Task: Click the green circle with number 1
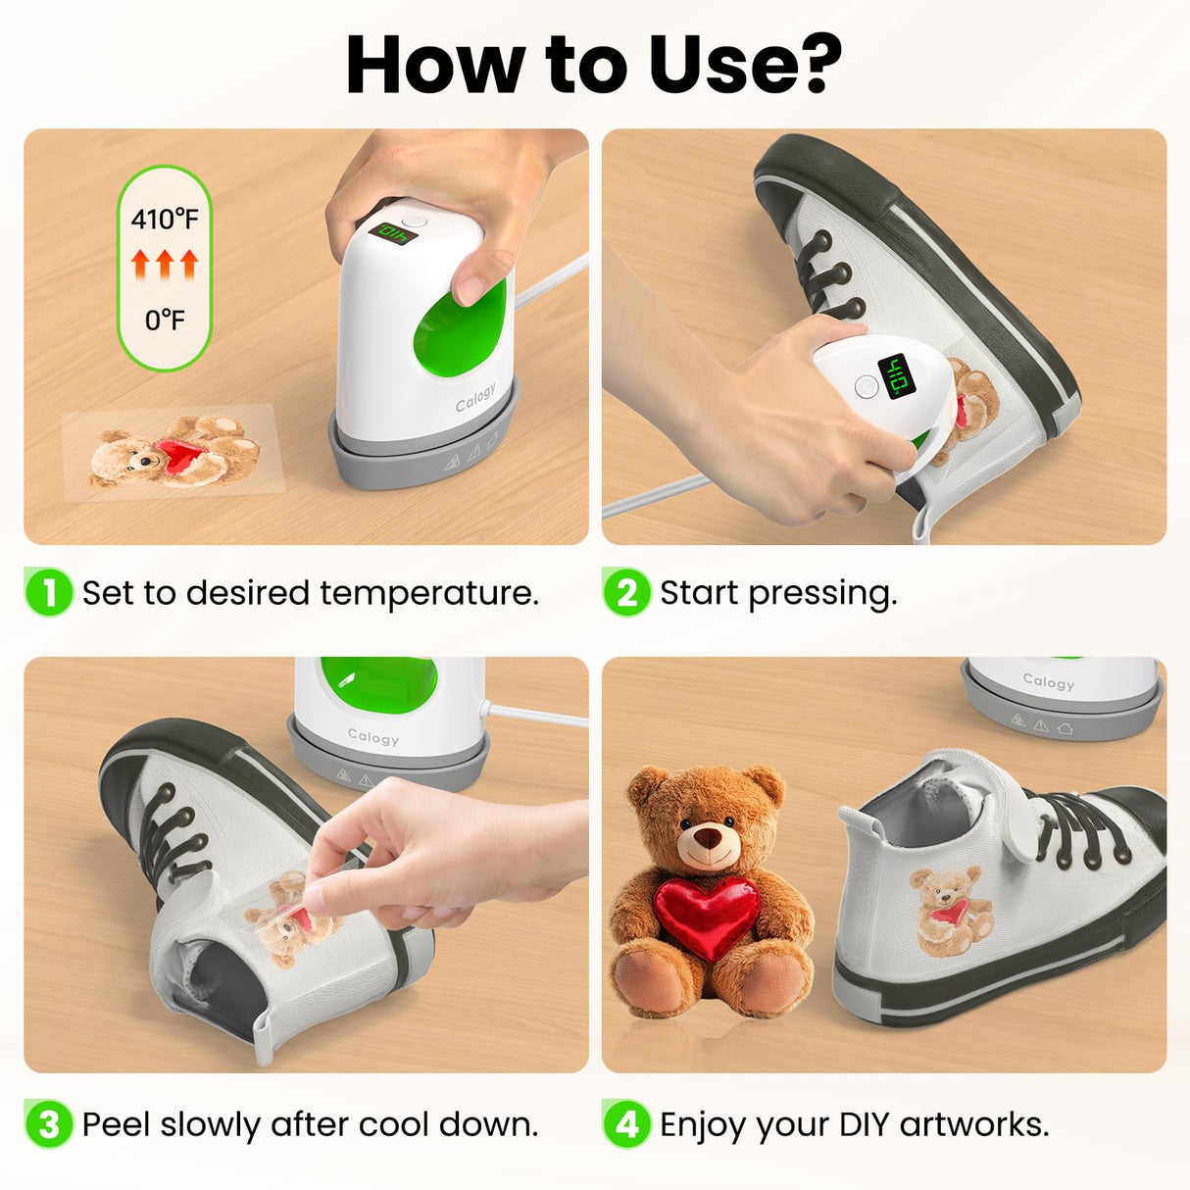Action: point(48,592)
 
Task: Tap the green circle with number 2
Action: point(626,592)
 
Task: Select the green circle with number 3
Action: point(48,1123)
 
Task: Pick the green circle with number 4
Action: point(626,1123)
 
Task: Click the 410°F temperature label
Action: point(165,219)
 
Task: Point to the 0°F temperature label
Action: point(165,321)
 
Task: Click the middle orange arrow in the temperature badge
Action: point(165,264)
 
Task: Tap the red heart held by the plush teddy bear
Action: point(707,916)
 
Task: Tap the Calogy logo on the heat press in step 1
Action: point(475,398)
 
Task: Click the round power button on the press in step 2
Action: point(865,386)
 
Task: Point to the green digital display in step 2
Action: point(897,375)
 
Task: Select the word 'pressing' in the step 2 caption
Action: point(821,593)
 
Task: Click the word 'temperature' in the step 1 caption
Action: point(428,593)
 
